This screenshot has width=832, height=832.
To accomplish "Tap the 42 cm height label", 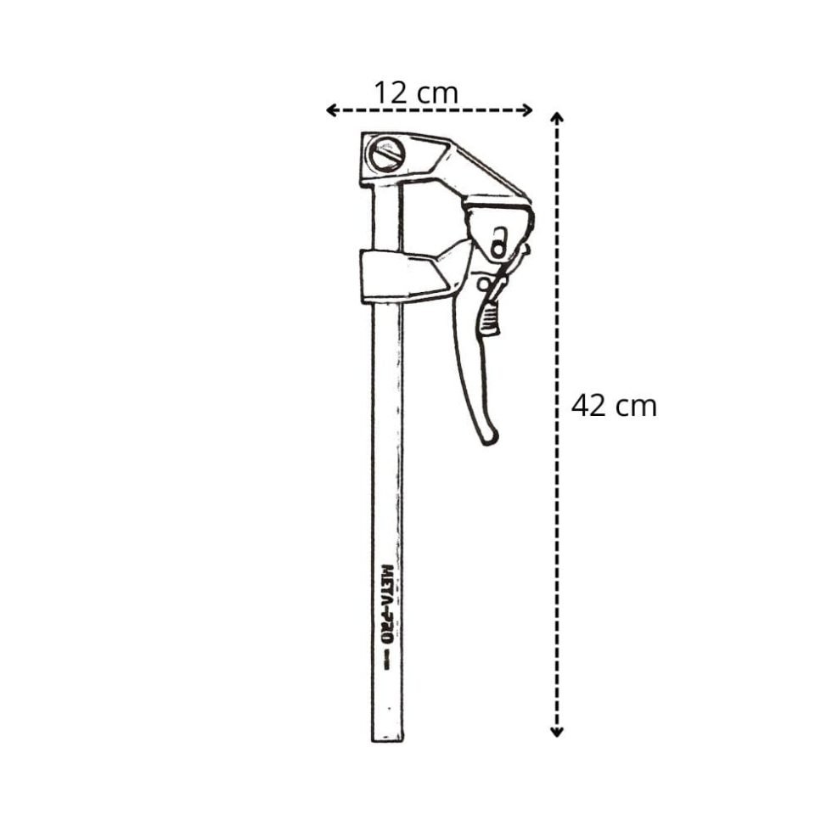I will pyautogui.click(x=614, y=406).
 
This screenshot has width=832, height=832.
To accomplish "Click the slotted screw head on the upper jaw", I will pyautogui.click(x=387, y=155).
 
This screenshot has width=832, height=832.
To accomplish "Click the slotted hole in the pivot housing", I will pyautogui.click(x=499, y=241).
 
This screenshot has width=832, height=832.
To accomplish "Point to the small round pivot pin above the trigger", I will pyautogui.click(x=483, y=284).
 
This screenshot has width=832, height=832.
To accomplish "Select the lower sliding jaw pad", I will pyautogui.click(x=399, y=275).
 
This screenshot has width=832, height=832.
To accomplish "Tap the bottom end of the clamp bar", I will pyautogui.click(x=387, y=734).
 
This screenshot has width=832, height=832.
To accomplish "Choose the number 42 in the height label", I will pyautogui.click(x=589, y=406).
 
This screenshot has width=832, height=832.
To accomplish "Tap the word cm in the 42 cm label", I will pyautogui.click(x=637, y=406).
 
